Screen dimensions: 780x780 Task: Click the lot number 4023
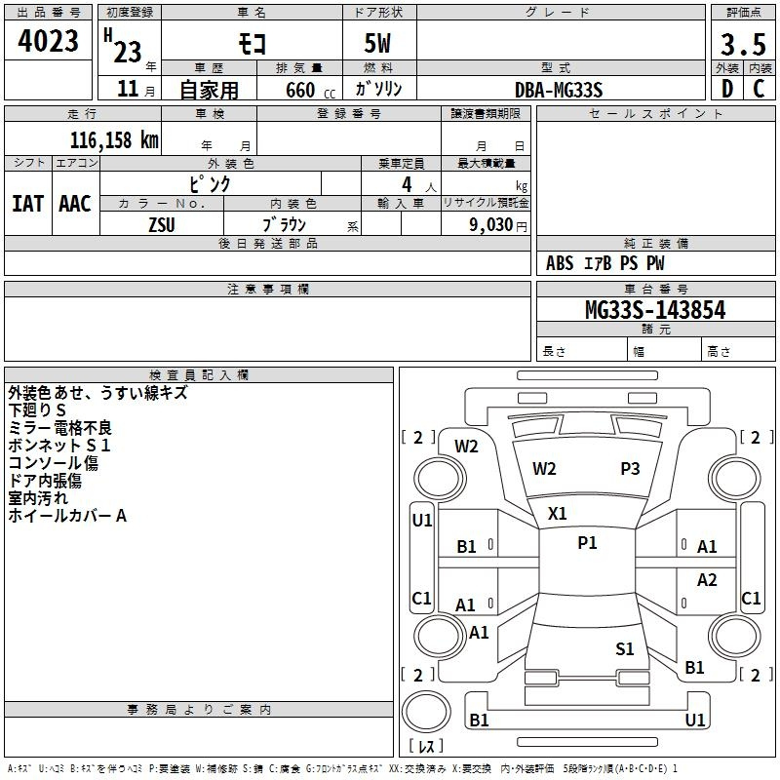point(48,41)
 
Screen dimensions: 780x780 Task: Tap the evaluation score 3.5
point(743,44)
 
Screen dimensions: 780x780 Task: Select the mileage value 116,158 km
point(114,140)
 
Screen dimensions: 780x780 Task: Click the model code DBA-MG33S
point(559,90)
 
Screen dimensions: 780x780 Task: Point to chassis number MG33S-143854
point(655,310)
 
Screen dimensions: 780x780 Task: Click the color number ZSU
point(162,225)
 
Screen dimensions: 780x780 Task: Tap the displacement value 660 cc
point(310,91)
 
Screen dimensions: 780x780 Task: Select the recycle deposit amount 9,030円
point(498,225)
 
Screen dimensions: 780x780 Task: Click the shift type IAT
point(28,204)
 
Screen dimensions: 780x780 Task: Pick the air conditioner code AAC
point(75,204)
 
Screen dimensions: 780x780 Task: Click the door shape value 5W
point(377,43)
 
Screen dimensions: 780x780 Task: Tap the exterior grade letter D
point(727,89)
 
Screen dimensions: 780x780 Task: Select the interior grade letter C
point(759,89)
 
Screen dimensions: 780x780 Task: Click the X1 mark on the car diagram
point(557,514)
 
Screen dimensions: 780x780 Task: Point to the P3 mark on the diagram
point(630,469)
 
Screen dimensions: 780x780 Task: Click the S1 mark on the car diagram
point(625,648)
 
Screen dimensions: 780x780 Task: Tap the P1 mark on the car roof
point(587,543)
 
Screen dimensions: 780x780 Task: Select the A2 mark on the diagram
point(707,579)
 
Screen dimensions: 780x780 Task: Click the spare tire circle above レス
point(426,712)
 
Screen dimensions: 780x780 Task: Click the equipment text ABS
point(560,263)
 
